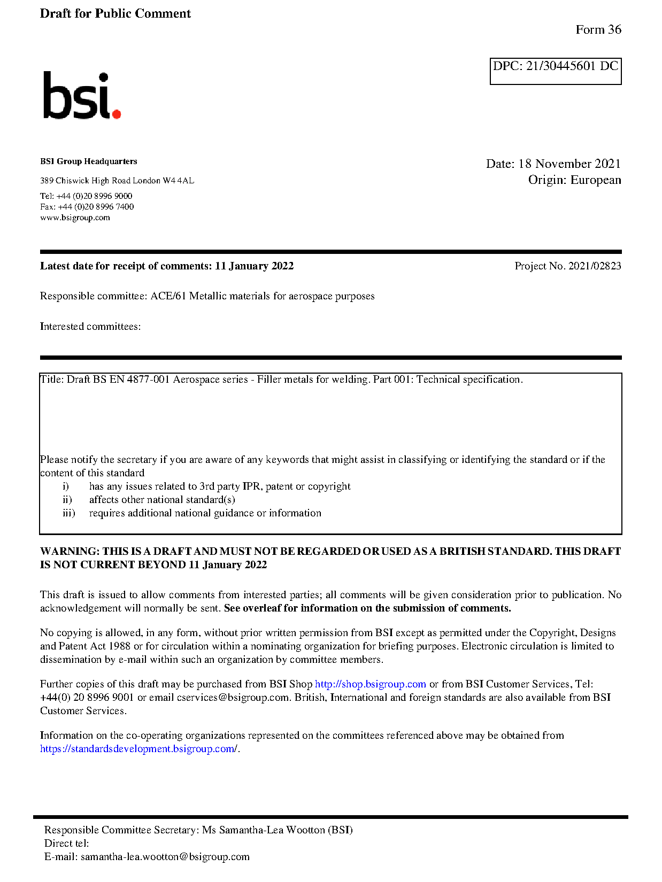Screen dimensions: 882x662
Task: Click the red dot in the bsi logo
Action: pyautogui.click(x=117, y=113)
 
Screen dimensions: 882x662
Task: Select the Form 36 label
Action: pyautogui.click(x=598, y=30)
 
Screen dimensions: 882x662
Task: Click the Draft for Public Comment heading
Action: pyautogui.click(x=115, y=14)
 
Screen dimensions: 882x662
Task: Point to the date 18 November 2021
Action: pyautogui.click(x=569, y=164)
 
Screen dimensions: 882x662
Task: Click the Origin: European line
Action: pyautogui.click(x=574, y=180)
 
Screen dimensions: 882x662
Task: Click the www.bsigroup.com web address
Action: pyautogui.click(x=75, y=218)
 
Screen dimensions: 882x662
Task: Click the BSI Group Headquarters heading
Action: pyautogui.click(x=88, y=161)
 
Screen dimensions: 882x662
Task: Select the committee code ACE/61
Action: pyautogui.click(x=168, y=296)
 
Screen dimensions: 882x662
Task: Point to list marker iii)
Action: pyautogui.click(x=68, y=513)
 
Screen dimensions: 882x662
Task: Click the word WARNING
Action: pyautogui.click(x=69, y=552)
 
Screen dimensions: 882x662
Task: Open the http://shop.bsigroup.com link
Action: pyautogui.click(x=370, y=684)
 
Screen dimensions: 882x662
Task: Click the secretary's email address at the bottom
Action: pyautogui.click(x=165, y=857)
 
